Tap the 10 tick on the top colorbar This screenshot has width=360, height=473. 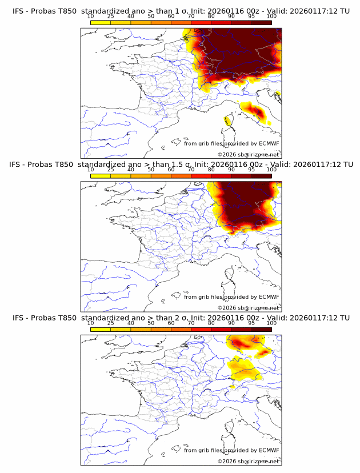[x=91, y=16]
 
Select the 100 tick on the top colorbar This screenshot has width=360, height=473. [x=271, y=16]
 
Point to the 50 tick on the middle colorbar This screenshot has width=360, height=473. [x=151, y=169]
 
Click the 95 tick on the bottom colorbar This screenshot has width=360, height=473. [x=251, y=323]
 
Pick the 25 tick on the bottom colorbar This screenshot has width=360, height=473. [x=111, y=323]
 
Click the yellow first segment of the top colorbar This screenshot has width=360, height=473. [x=101, y=22]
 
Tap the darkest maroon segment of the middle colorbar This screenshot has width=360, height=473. [x=261, y=175]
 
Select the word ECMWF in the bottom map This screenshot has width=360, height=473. [x=269, y=450]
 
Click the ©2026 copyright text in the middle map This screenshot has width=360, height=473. [x=248, y=307]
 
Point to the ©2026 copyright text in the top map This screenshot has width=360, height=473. [x=248, y=154]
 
